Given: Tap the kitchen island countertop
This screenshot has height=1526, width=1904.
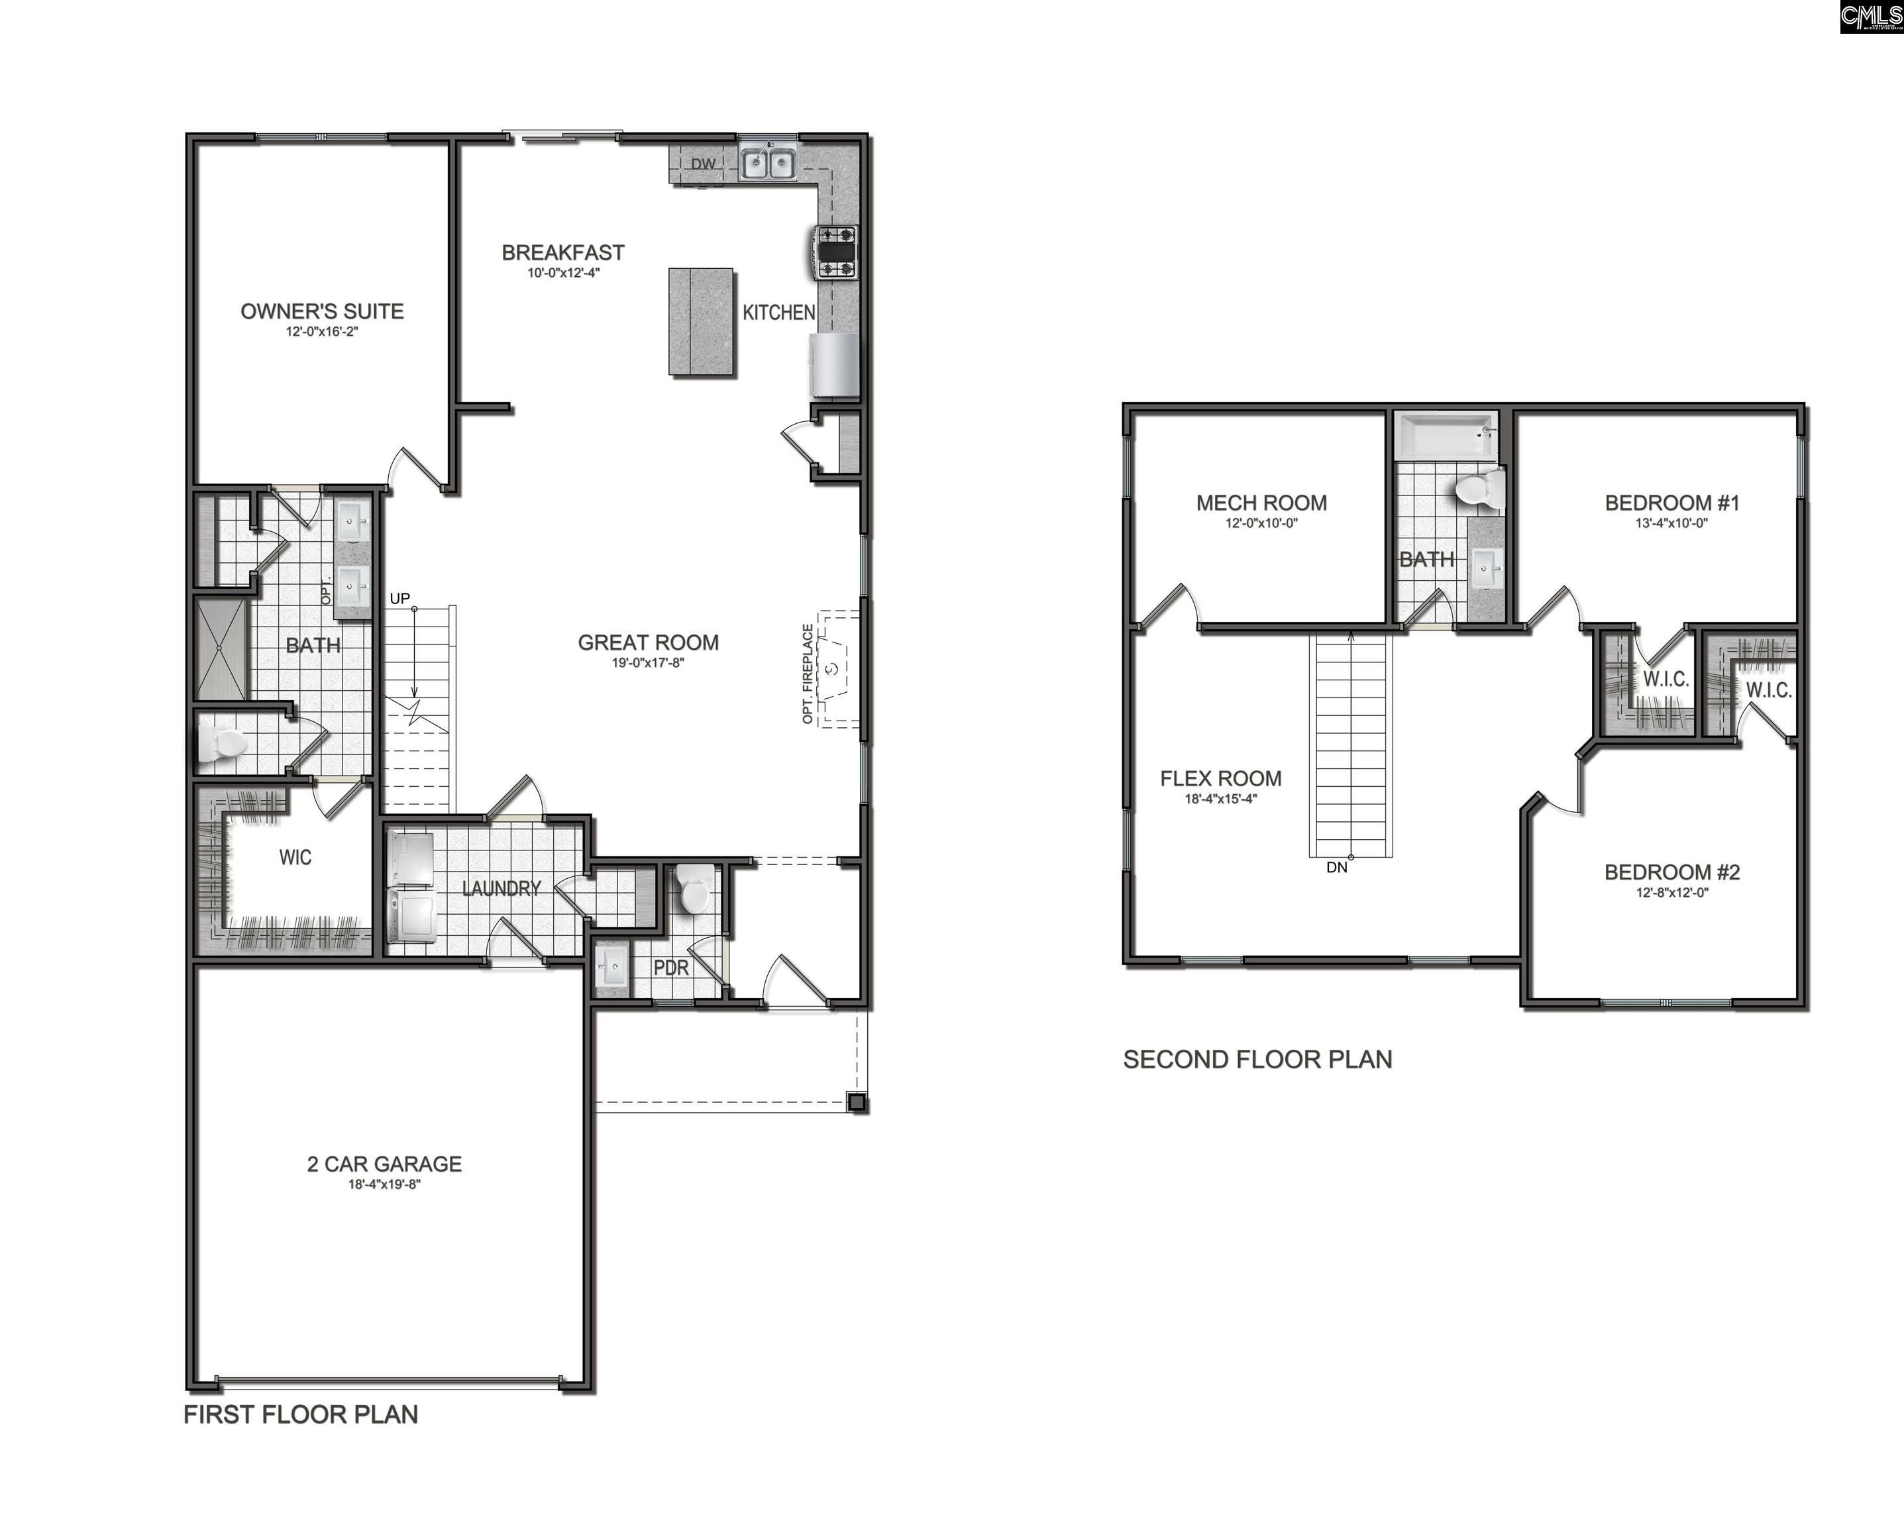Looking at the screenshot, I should [700, 321].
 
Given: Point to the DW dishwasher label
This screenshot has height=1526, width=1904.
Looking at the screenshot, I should [703, 164].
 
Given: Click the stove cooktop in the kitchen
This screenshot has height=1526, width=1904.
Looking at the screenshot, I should [836, 252].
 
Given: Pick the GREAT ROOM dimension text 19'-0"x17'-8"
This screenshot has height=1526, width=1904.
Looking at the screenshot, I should [647, 663].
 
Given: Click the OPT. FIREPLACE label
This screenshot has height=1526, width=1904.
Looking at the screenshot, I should [807, 674].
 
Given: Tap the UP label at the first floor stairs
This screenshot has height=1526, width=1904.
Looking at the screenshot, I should [400, 599].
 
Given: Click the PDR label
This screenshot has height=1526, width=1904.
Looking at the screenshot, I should [670, 968].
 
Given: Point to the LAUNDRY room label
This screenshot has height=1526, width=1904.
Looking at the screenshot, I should [501, 888].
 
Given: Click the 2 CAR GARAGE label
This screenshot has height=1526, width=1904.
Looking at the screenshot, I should [384, 1164].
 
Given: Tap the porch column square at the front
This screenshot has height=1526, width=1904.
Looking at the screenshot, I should [856, 1101].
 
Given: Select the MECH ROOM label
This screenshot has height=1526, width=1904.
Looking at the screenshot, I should [1261, 503].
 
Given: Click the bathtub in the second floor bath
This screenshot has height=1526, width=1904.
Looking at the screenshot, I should [1446, 435].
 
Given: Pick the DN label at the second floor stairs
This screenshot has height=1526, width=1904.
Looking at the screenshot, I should [1336, 868].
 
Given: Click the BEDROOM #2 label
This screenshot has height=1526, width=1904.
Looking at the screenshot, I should [1671, 872].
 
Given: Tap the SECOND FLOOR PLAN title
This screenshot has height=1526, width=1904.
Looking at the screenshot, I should [1257, 1060].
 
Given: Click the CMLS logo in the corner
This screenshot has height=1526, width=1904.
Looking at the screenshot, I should [1870, 17].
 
